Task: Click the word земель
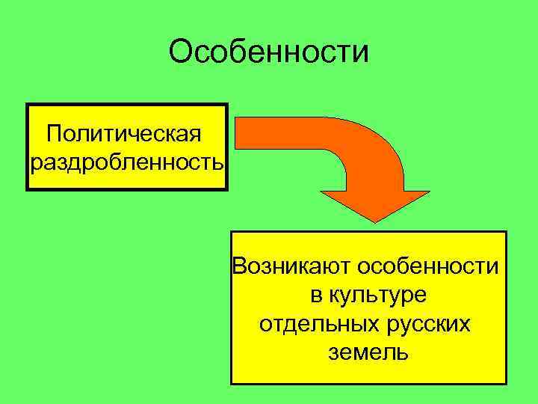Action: tap(368, 352)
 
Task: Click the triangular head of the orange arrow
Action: tap(374, 206)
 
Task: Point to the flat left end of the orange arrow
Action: tap(238, 133)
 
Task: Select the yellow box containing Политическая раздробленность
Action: tap(126, 147)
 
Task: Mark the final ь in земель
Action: tap(403, 353)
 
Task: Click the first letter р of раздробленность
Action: tap(37, 164)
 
